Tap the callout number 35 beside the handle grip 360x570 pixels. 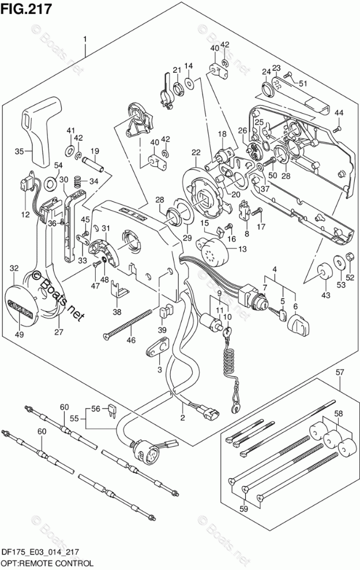(19, 152)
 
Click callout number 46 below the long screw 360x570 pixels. (132, 340)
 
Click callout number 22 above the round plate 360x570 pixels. (196, 152)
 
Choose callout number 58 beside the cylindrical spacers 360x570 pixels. (339, 414)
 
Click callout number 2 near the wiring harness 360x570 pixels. (182, 418)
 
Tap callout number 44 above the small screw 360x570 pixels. (339, 113)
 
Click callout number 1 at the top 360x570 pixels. (85, 39)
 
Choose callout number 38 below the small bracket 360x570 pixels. (117, 312)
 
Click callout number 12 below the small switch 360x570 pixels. (25, 215)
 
